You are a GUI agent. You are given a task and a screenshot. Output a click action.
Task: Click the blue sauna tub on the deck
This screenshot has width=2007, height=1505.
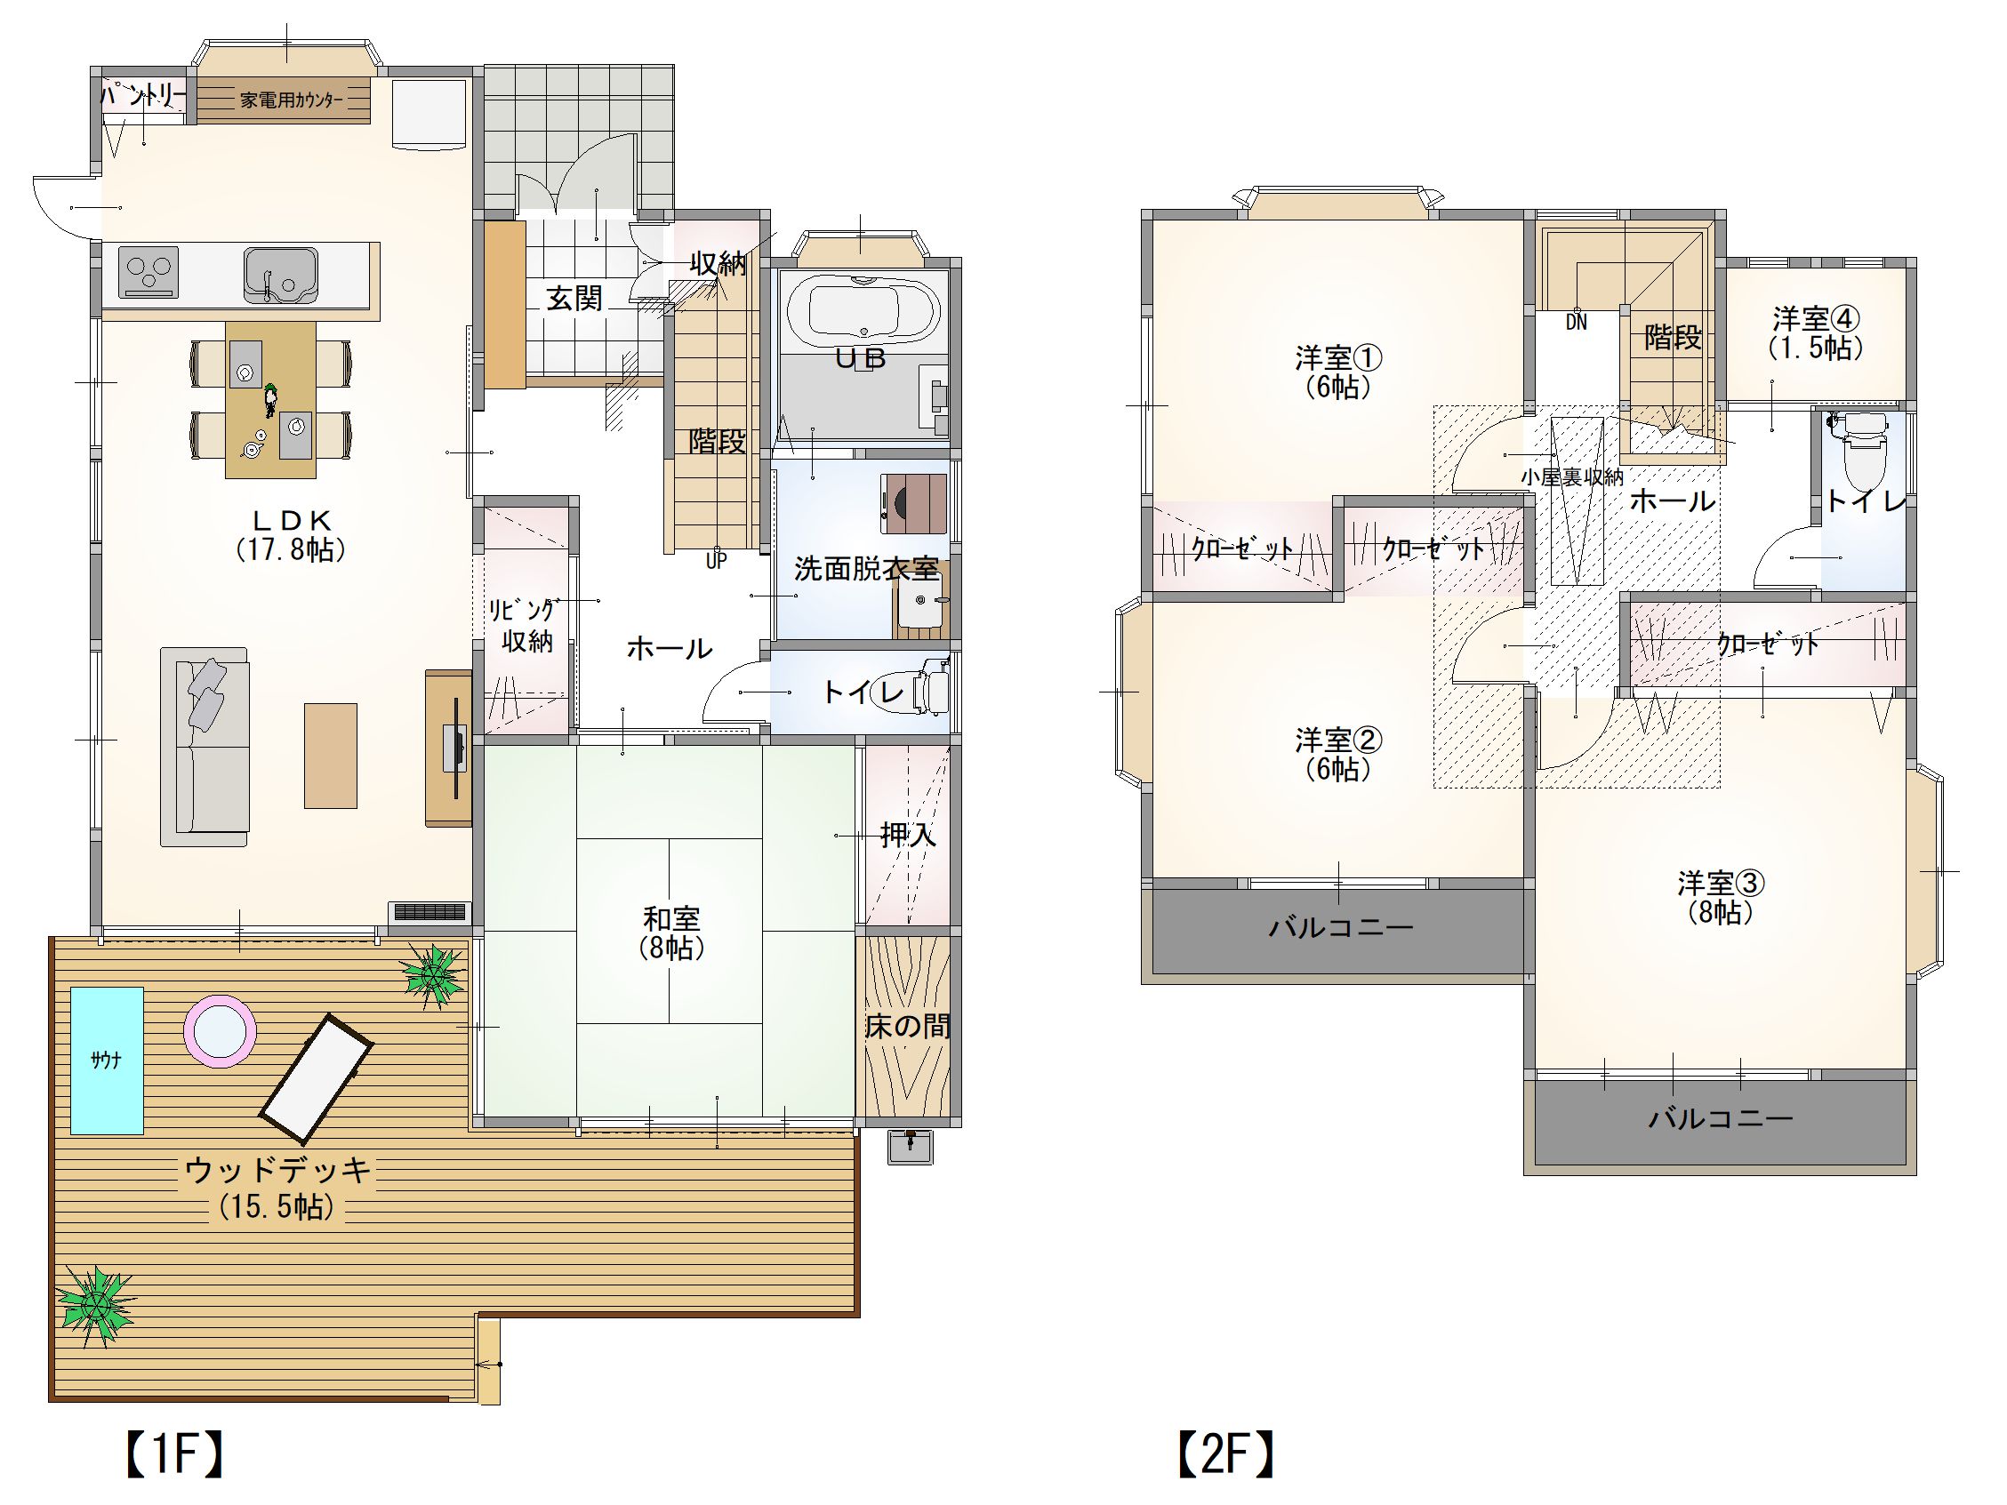pos(107,1060)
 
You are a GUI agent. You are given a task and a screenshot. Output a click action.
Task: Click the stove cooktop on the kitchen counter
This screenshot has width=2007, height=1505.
pos(148,272)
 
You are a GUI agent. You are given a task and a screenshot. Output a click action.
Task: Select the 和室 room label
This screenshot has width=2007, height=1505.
pos(671,918)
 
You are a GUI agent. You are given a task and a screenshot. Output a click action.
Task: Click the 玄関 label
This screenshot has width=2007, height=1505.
pos(574,298)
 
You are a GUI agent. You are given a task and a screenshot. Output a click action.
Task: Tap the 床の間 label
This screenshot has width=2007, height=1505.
pos(907,1026)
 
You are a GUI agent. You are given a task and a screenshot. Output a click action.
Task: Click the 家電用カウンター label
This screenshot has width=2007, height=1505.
pos(292,100)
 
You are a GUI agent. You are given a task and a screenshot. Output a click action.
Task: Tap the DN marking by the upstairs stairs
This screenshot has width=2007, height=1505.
pos(1576,322)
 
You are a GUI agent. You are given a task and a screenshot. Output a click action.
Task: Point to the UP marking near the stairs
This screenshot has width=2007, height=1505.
pos(717,561)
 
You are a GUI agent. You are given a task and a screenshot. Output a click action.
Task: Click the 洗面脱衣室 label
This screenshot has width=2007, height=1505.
pos(866,569)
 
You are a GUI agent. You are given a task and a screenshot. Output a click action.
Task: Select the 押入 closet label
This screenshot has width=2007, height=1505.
pos(908,835)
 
